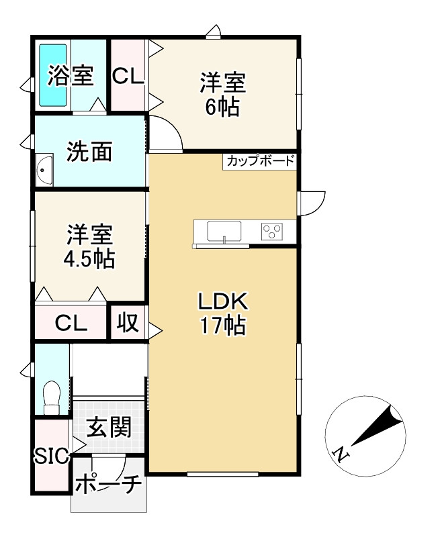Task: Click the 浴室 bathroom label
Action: coord(71,76)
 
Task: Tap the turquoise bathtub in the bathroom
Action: coord(52,75)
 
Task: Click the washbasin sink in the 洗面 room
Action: coord(44,169)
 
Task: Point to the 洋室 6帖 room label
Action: coord(223,94)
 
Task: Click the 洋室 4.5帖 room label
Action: coord(89,246)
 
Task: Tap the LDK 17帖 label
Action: coord(223,313)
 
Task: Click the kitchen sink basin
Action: coord(224,230)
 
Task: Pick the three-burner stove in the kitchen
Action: coord(271,231)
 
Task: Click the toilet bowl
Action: coord(52,397)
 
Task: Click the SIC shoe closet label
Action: coord(52,456)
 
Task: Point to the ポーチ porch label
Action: coord(108,483)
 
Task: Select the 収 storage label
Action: coord(128,322)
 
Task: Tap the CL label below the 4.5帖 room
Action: coord(71,323)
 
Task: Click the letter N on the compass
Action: coord(341,454)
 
